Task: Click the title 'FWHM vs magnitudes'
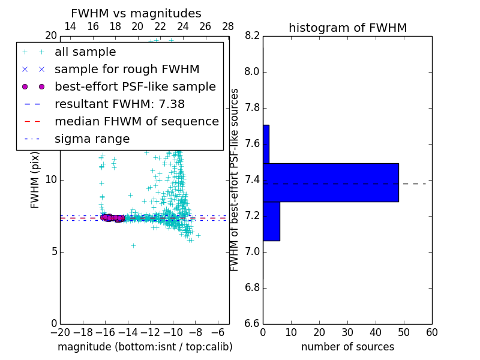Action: pos(136,14)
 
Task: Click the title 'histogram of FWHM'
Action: pos(347,28)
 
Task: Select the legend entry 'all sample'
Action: pos(85,52)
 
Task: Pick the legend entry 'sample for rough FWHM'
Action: pos(127,70)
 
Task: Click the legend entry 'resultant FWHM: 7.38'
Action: pos(119,104)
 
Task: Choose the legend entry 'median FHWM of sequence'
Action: pos(136,122)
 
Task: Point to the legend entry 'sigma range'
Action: pos(92,139)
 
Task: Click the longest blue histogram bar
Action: pos(331,182)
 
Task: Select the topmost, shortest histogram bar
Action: pos(266,144)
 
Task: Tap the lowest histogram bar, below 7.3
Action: pos(271,221)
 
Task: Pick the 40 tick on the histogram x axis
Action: pos(376,332)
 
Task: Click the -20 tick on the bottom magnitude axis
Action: pos(60,332)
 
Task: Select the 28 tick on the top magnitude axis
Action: pos(228,26)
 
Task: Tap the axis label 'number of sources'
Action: pos(347,347)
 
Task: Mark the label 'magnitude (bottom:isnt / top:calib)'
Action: pos(145,347)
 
